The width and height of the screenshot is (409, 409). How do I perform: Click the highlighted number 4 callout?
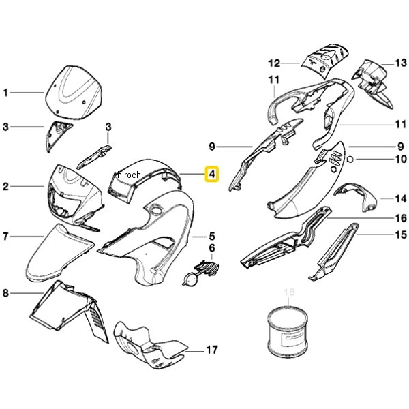212,174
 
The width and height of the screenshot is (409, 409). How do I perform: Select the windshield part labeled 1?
74,93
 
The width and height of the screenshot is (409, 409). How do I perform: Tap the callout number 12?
274,63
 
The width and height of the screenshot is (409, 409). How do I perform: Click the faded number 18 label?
289,292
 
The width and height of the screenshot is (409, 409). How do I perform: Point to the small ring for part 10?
350,159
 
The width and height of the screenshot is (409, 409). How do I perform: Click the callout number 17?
212,350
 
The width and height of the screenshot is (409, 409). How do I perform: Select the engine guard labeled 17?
149,344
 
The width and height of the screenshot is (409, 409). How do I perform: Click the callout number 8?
5,293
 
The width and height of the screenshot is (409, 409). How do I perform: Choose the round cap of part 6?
191,279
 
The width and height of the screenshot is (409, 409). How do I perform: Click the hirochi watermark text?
130,175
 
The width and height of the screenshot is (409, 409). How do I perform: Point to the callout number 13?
401,63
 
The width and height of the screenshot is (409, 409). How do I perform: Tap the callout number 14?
401,199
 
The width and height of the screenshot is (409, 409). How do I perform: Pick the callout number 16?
401,218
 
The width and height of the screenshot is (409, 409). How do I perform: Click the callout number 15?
401,234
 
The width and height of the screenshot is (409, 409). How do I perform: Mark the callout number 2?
5,187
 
